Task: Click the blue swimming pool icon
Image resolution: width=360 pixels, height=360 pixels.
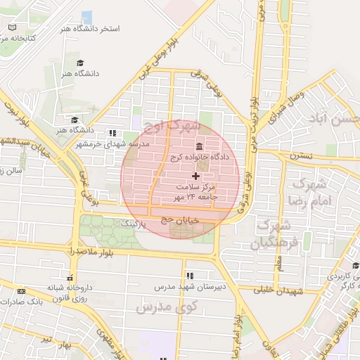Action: [x=86, y=17]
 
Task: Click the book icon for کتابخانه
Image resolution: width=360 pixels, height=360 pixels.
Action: [x=12, y=27]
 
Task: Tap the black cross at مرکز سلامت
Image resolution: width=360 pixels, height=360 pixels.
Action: [x=195, y=174]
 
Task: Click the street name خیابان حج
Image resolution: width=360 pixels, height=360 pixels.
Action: [x=177, y=219]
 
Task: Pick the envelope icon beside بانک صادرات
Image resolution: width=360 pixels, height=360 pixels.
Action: [x=20, y=290]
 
